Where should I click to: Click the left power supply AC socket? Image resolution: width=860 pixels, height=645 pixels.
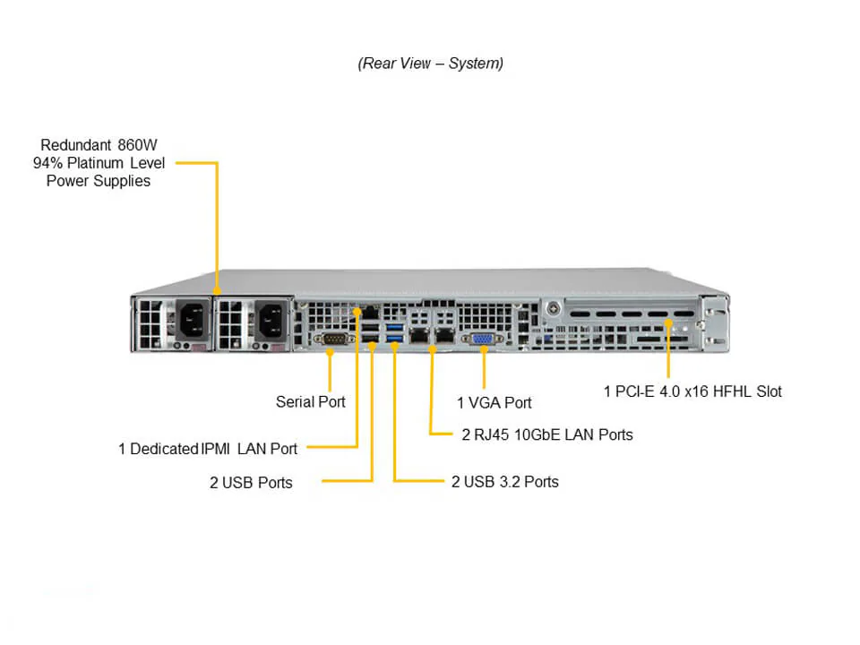pos(192,320)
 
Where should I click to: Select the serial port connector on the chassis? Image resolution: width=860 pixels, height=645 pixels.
pos(332,339)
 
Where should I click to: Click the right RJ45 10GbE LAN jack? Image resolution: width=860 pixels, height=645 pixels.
pos(443,335)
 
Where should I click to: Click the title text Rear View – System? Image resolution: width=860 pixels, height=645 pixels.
pos(430,64)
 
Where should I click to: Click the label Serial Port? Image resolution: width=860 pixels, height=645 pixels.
pos(310,402)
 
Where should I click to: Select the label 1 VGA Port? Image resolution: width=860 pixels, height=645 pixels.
pos(494,403)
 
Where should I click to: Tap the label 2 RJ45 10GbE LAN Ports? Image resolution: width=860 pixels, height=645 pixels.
pos(546,435)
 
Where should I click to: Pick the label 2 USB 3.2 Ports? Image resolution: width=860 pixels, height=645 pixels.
pos(504,482)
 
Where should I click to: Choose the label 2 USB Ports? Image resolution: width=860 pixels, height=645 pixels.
pos(251,483)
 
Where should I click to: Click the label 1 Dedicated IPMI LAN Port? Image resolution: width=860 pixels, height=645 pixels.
pos(208,448)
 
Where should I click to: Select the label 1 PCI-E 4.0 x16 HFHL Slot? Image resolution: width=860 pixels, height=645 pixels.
pos(692,391)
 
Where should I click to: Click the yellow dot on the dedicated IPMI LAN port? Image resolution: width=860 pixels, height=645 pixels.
pos(357,311)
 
